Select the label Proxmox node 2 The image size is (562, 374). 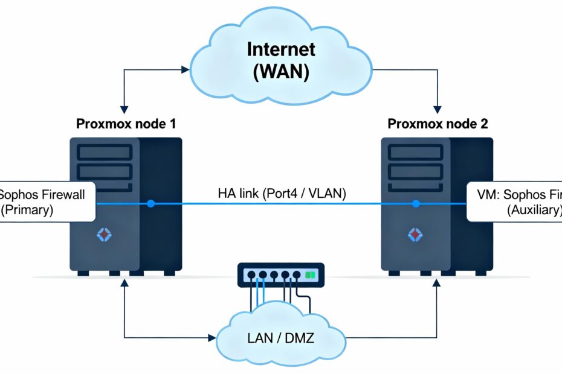point(438,124)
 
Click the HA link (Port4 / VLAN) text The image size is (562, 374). point(282,194)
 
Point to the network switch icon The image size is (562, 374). point(280,274)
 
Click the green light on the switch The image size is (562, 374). point(311,274)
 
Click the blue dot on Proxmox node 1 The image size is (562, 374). point(151,204)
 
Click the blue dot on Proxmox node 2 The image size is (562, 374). point(416,204)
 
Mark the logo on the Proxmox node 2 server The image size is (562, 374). point(415,235)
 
